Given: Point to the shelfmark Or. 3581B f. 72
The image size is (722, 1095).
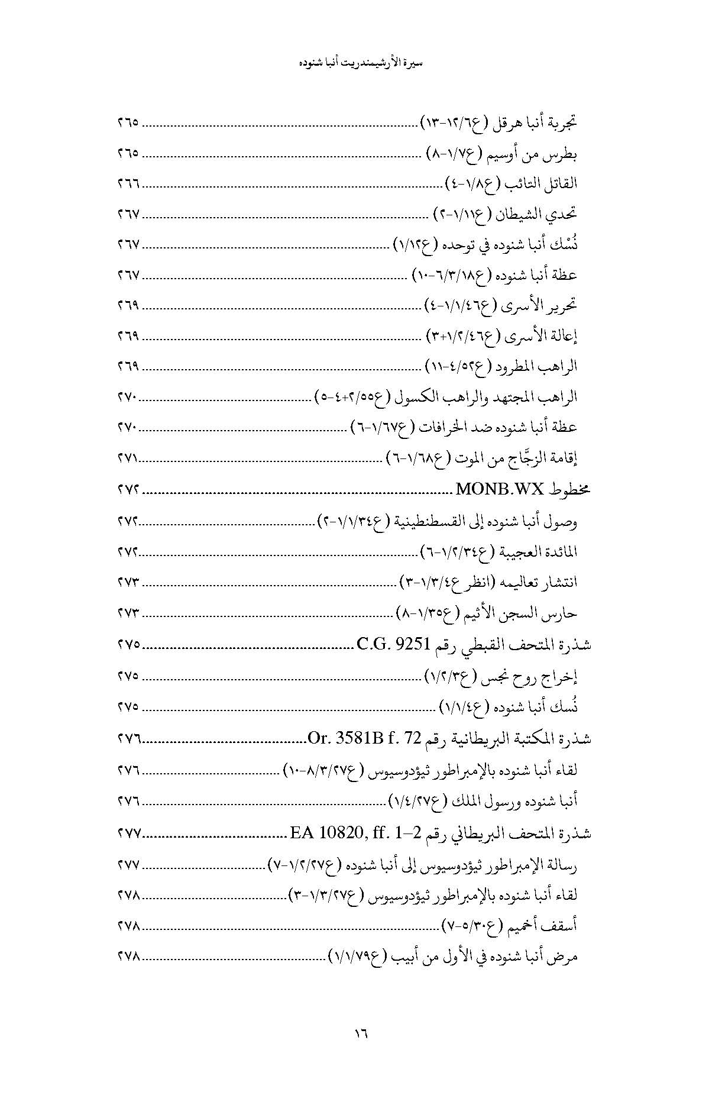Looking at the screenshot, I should point(364,738).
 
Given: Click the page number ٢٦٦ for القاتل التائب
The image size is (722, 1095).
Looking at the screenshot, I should point(128,185).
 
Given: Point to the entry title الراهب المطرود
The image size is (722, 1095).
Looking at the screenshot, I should point(540,367).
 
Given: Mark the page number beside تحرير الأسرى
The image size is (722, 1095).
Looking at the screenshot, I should point(128,306).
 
